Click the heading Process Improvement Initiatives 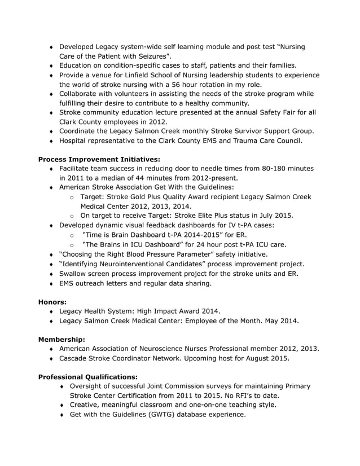click(99, 159)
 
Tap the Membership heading click(62, 340)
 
